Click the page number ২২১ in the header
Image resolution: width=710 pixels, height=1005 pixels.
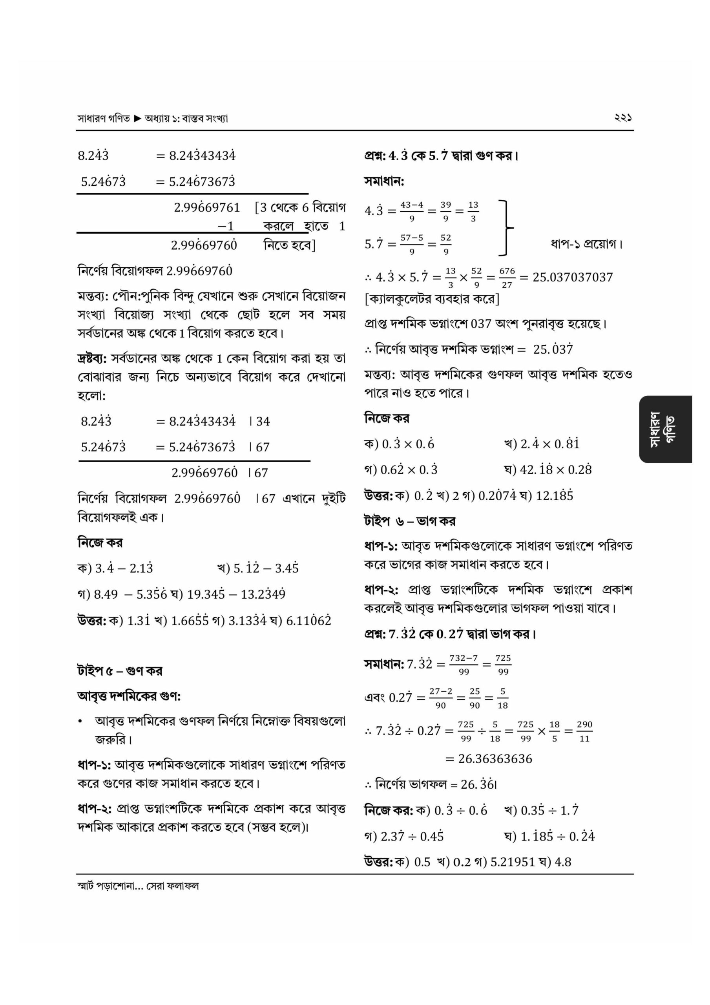pos(623,118)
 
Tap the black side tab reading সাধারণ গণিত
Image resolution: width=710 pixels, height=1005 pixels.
pos(665,429)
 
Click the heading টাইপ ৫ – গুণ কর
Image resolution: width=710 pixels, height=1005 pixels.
pos(119,671)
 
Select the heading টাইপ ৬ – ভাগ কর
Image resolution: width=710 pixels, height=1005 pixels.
pos(409,521)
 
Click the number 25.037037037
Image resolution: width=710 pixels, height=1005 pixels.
pos(572,277)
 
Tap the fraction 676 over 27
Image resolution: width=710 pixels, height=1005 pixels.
pos(507,278)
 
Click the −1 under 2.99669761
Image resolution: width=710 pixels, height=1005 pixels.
pos(225,226)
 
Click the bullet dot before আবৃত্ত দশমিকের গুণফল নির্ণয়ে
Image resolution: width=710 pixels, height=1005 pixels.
pos(80,722)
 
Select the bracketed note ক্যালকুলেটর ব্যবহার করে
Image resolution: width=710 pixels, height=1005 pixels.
pos(432,299)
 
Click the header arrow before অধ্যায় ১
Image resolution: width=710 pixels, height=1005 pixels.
pos(137,118)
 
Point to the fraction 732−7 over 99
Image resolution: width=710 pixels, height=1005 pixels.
pos(464,665)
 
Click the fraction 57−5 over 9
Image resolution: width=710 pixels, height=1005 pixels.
pos(411,244)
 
